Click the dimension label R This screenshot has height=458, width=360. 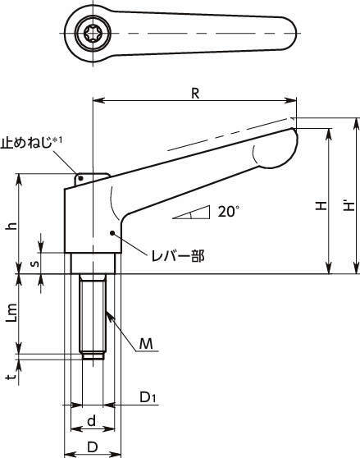coord(195,94)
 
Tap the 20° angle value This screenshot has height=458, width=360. coord(229,211)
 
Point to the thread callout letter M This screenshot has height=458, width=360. coord(146,344)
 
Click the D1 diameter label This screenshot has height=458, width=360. coord(148,397)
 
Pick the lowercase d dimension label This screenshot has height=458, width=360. coord(91,421)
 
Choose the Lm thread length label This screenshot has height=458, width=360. coord(12,313)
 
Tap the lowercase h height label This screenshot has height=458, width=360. coord(11,226)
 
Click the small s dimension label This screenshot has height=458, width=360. coord(34,263)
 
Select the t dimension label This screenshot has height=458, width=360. coord(11,377)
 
